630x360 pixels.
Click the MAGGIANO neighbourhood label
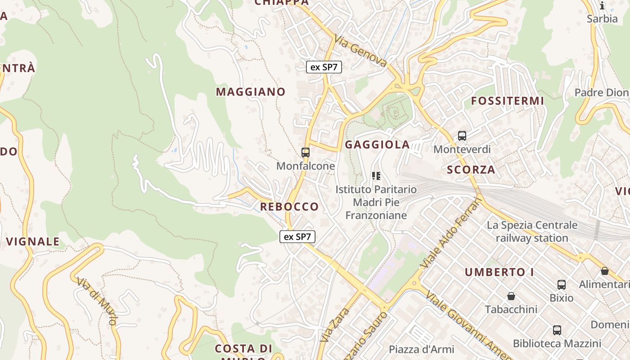tap(251, 92)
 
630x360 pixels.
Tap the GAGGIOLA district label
tap(377, 144)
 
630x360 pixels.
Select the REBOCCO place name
tap(289, 207)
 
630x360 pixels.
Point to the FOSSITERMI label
tap(508, 101)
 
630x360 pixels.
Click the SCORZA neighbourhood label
tap(471, 170)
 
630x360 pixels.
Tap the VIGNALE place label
tap(33, 242)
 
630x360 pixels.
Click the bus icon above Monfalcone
tap(306, 153)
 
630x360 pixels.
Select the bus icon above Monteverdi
tap(462, 135)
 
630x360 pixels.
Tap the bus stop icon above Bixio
tap(561, 284)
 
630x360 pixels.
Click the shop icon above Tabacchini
tap(511, 296)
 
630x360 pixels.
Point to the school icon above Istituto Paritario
tap(376, 176)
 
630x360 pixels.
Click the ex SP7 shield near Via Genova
tap(324, 67)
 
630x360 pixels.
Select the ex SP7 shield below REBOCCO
tap(297, 237)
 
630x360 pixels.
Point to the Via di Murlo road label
tap(97, 301)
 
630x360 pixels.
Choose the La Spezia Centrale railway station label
tap(532, 231)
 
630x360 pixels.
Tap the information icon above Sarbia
tap(602, 5)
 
